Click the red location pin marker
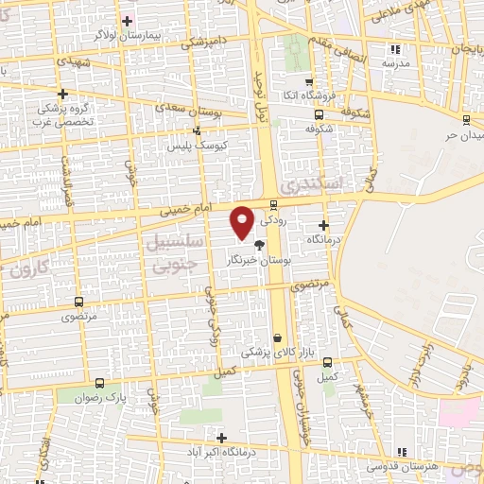[243, 221]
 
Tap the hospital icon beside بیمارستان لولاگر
[128, 20]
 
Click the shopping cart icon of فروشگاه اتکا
[308, 82]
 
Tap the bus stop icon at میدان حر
[466, 119]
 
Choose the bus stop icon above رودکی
[274, 203]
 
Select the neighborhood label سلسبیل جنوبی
[174, 252]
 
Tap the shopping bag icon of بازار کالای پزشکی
[277, 337]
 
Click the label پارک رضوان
[103, 397]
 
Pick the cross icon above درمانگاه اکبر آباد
[221, 438]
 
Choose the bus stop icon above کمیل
[327, 362]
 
